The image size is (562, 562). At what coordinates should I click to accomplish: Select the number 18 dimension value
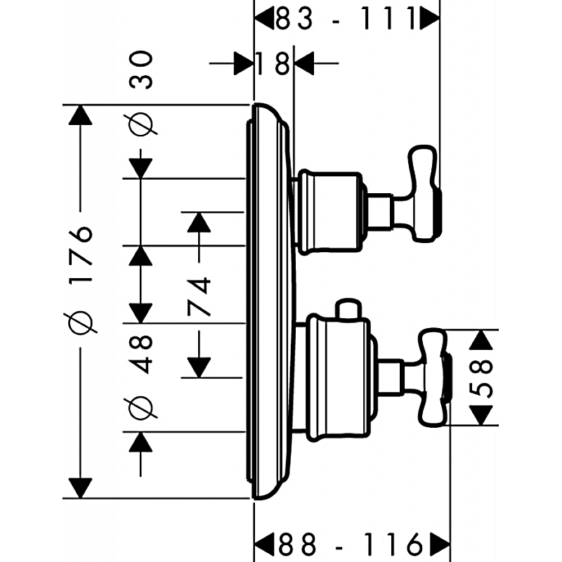click(273, 65)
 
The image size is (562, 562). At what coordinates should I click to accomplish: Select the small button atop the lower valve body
click(347, 309)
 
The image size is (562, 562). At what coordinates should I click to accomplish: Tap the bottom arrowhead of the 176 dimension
click(81, 487)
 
